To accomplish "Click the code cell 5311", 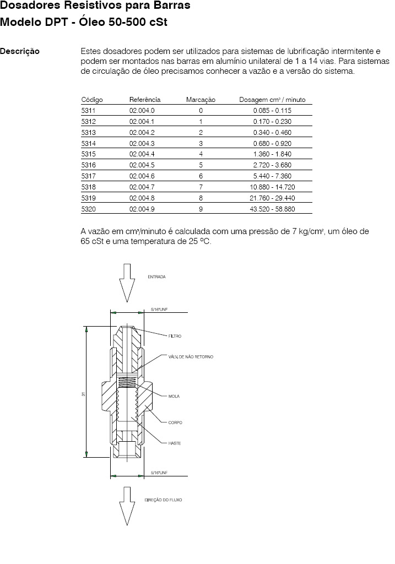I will coord(88,111).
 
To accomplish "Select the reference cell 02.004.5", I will coord(142,165).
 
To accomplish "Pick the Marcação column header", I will coord(201,100).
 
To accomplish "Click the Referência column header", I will coord(145,100).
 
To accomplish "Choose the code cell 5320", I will coord(88,209).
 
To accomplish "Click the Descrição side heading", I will coord(20,51).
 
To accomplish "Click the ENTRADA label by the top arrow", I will coord(156,276).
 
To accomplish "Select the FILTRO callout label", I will coord(175,336).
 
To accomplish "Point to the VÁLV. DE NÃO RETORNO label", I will coord(191,357).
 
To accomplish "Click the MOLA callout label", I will coord(174,396).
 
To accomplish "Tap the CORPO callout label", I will coord(175,422).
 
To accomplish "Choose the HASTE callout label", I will coord(175,443).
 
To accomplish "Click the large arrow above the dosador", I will coord(127,282).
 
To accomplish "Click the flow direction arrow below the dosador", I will coord(127,506).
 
